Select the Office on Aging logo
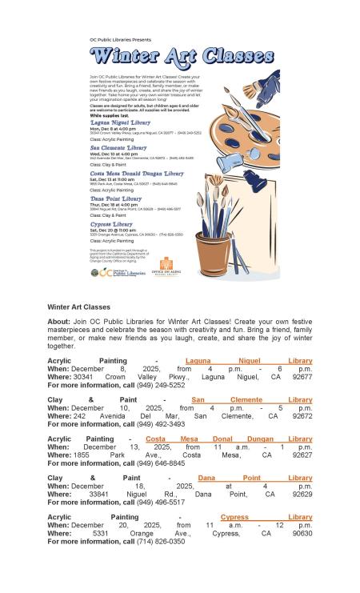pyautogui.click(x=165, y=268)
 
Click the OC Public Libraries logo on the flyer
pyautogui.click(x=118, y=272)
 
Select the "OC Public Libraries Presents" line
pyautogui.click(x=119, y=38)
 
